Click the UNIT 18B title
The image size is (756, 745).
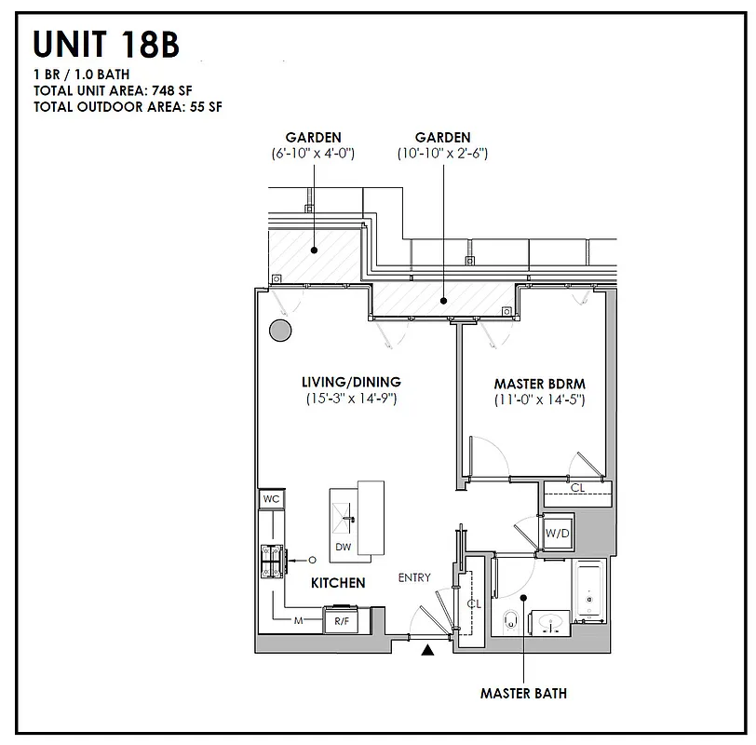tap(106, 45)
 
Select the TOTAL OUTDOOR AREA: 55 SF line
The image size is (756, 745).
tap(128, 106)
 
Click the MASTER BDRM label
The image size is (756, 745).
tap(539, 384)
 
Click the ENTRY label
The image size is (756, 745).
tap(414, 577)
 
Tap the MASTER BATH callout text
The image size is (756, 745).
tap(522, 693)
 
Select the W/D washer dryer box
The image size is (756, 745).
tap(557, 534)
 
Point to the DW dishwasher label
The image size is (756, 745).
tap(344, 548)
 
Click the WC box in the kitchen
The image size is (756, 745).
tap(271, 499)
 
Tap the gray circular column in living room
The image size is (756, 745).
tap(278, 331)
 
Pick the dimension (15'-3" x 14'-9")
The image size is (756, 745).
tap(351, 399)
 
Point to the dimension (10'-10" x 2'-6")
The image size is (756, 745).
tap(442, 153)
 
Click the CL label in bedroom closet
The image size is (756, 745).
tap(577, 488)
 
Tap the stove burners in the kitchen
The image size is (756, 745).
tap(274, 562)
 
